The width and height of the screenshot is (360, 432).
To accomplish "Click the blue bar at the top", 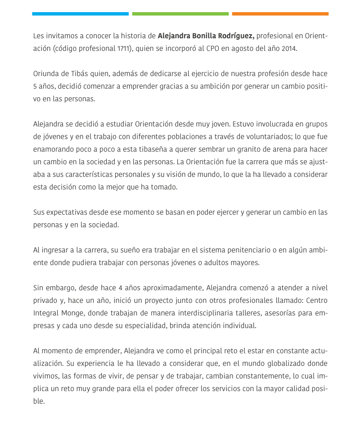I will [x=80, y=14].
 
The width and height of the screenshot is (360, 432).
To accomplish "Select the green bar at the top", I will [x=180, y=14].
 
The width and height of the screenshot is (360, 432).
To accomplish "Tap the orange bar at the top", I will [x=280, y=14].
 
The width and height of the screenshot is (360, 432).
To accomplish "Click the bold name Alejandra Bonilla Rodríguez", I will [x=206, y=36].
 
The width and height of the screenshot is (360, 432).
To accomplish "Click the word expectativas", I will [x=67, y=212].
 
